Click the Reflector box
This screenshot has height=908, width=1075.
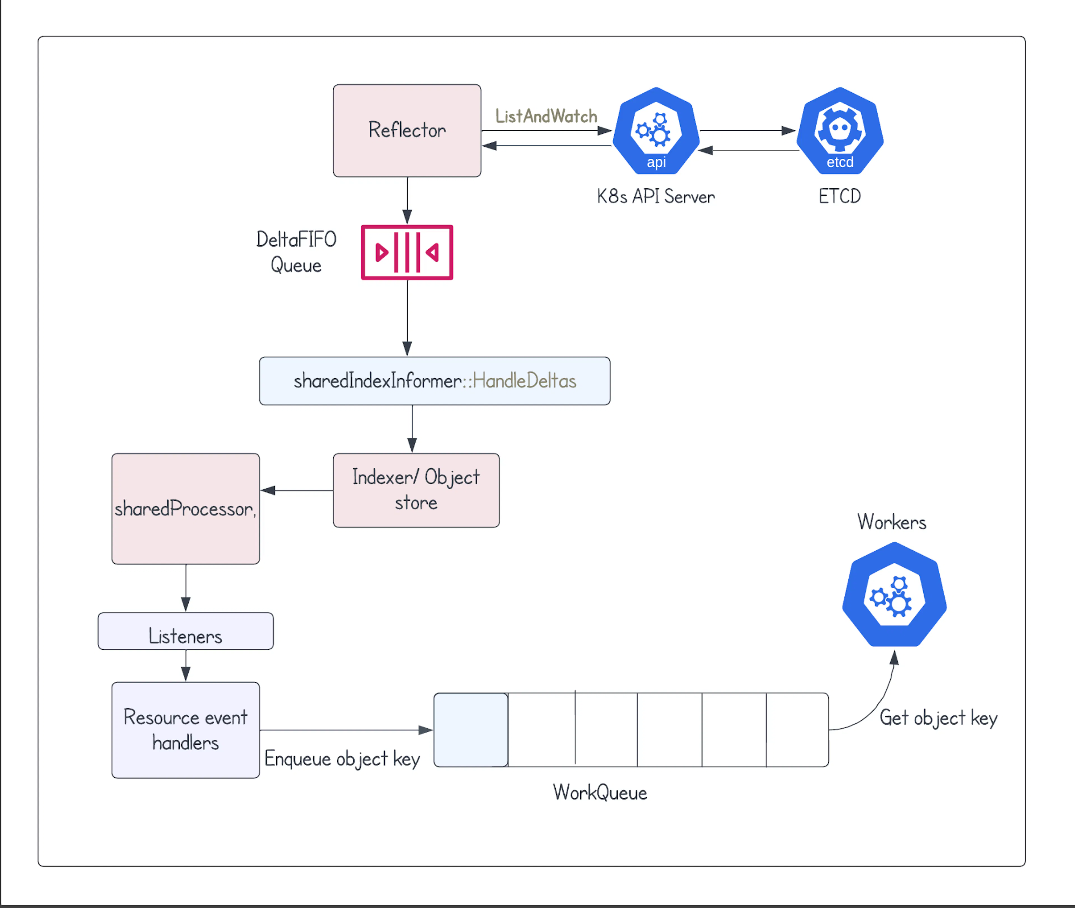(x=407, y=131)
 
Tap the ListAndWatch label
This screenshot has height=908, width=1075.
(x=546, y=116)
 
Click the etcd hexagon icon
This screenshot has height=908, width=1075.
(x=840, y=131)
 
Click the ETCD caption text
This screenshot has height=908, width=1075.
(x=840, y=196)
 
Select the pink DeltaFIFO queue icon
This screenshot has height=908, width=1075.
(x=407, y=252)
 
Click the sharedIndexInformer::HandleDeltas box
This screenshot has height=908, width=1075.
(x=434, y=381)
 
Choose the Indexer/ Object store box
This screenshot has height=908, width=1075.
(x=416, y=490)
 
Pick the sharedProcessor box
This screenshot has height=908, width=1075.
(x=185, y=508)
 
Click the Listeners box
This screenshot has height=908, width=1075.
(x=185, y=631)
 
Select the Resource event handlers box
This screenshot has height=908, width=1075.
(x=185, y=730)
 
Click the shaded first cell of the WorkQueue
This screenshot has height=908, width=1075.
(x=471, y=730)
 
